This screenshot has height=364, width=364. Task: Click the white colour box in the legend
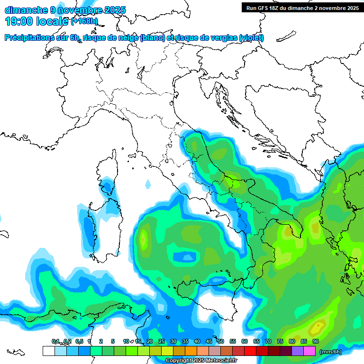pos(48,351)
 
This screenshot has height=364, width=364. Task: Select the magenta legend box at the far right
pos(309,351)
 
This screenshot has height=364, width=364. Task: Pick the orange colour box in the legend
pos(191,351)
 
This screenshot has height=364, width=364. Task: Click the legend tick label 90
pos(316,341)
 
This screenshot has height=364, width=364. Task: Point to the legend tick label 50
pos(221,341)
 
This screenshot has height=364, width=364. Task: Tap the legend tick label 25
pos(162,341)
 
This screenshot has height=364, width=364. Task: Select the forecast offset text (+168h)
pos(84,21)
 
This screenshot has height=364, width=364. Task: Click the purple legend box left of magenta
pos(298,351)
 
